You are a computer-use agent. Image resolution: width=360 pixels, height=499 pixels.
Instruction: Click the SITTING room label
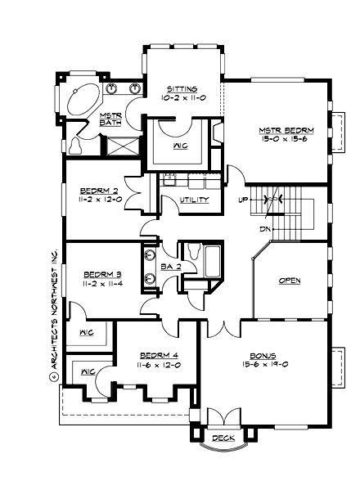point(181,88)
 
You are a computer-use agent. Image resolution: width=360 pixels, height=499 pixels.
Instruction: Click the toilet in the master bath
point(76,146)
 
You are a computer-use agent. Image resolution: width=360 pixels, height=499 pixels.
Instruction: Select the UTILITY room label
point(194,200)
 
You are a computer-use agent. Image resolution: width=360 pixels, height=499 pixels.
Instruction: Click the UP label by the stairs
point(244,200)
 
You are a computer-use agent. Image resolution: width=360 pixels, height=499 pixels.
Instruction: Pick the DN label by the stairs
point(264,228)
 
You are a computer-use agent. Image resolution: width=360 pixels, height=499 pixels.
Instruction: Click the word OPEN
point(290,281)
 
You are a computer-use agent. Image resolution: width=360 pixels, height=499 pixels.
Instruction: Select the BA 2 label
point(170,267)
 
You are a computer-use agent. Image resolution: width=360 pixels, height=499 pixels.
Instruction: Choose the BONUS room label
point(263,357)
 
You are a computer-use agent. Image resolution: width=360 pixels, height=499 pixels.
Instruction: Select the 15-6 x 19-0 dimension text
point(263,366)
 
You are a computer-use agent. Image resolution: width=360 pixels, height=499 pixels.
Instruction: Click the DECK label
point(223,438)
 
